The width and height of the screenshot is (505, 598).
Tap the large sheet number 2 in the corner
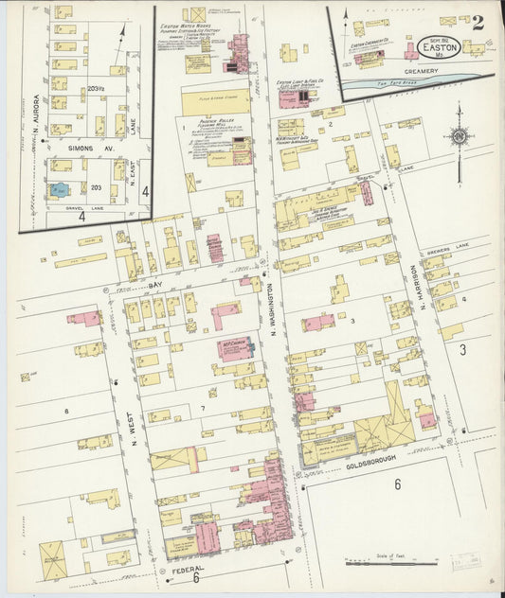point(478,23)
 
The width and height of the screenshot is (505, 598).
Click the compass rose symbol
point(459,136)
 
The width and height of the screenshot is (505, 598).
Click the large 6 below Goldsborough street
point(398,484)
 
